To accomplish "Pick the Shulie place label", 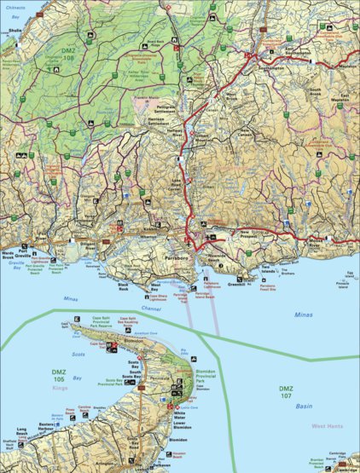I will pyautogui.click(x=15, y=31).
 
